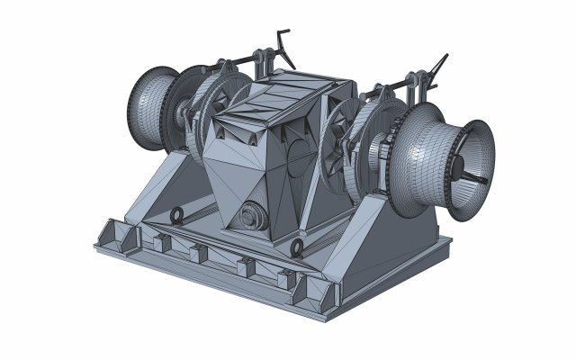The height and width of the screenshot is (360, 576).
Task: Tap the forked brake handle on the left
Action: point(284,47)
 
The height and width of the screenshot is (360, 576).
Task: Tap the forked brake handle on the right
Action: point(438,68)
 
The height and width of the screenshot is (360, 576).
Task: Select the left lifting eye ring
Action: point(177,215)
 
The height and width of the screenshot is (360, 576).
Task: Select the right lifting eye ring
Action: point(297,248)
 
